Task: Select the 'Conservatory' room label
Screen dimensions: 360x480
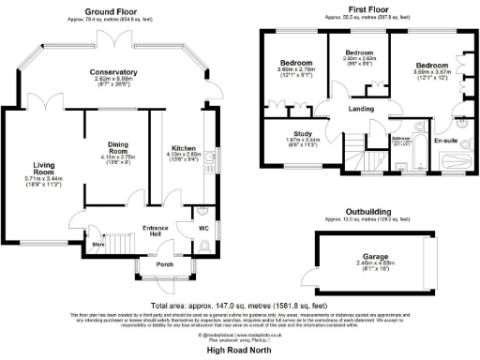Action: point(114,72)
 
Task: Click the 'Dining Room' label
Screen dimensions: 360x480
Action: point(117,146)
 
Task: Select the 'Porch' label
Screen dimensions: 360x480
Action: point(165,264)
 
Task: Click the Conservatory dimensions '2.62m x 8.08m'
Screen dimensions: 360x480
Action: point(114,80)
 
